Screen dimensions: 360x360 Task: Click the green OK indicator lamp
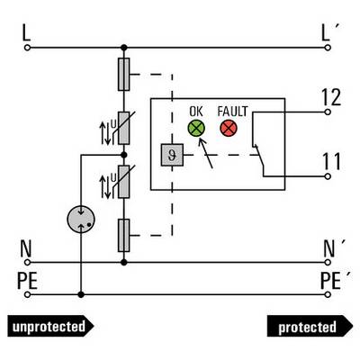[196, 128]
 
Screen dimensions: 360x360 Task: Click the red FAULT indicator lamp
[229, 128]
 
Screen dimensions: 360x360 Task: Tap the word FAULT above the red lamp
[232, 112]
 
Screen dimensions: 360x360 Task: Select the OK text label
[196, 112]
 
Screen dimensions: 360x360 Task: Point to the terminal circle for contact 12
[328, 112]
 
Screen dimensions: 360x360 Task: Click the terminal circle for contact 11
[328, 176]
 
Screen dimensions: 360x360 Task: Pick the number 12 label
[331, 97]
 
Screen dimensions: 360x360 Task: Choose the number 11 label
[331, 161]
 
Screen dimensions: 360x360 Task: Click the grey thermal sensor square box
[172, 155]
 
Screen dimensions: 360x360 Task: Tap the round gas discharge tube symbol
[81, 220]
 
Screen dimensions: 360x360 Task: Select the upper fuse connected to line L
[124, 75]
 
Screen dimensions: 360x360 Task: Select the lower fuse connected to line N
[124, 235]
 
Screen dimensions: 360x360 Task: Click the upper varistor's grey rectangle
[124, 128]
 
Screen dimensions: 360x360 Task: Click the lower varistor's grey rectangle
[124, 182]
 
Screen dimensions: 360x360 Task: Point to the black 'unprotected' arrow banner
[50, 326]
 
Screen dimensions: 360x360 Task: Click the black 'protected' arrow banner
[310, 326]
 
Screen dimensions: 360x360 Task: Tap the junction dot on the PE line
[81, 294]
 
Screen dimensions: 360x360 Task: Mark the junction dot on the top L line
[124, 48]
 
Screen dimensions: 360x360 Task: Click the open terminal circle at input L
[27, 48]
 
